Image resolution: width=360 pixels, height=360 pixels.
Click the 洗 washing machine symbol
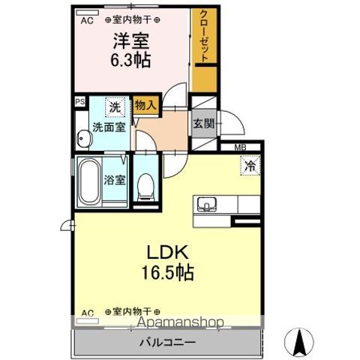114,108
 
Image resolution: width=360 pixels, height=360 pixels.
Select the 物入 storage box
145,106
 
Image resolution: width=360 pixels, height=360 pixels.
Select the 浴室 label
115,180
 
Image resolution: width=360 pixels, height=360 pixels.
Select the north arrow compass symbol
301,343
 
